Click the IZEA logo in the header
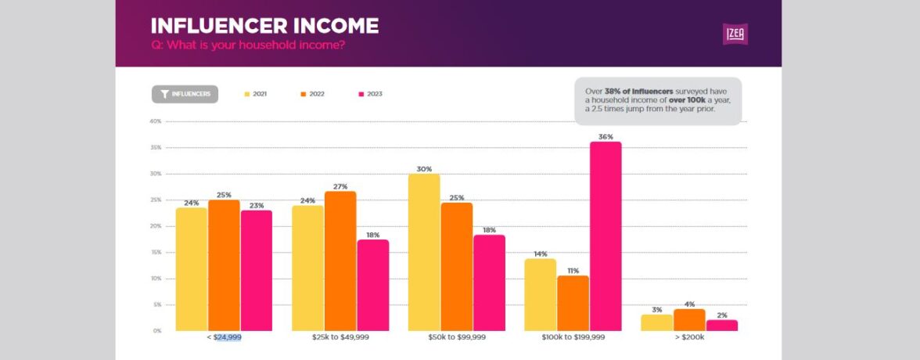click(x=735, y=34)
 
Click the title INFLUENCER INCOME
click(x=264, y=26)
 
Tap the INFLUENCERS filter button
click(x=185, y=94)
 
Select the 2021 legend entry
click(x=255, y=94)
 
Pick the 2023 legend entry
click(x=369, y=94)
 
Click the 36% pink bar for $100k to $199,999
click(x=606, y=235)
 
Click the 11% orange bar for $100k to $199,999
click(x=573, y=303)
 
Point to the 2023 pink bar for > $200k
click(x=721, y=325)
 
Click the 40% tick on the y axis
click(x=155, y=121)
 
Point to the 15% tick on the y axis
click(x=155, y=252)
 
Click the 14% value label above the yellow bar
click(x=540, y=254)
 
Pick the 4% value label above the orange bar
click(x=689, y=304)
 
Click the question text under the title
click(x=248, y=45)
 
